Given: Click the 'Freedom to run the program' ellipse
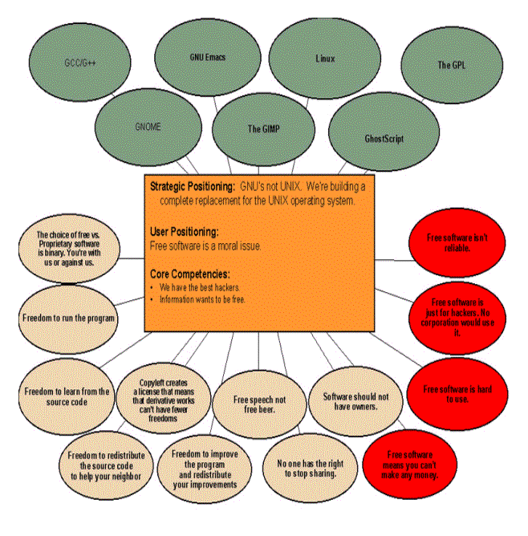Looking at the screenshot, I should (68, 317).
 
